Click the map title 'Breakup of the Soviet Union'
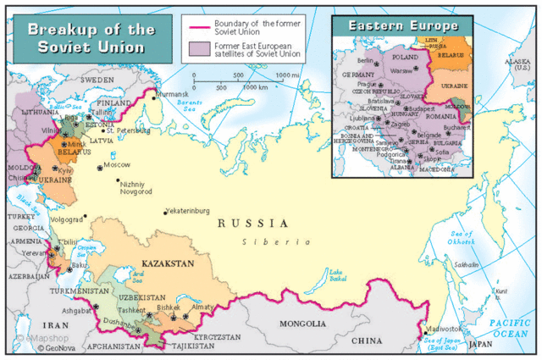(89, 38)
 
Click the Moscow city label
(117, 164)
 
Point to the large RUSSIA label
(252, 224)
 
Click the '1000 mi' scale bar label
(288, 75)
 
